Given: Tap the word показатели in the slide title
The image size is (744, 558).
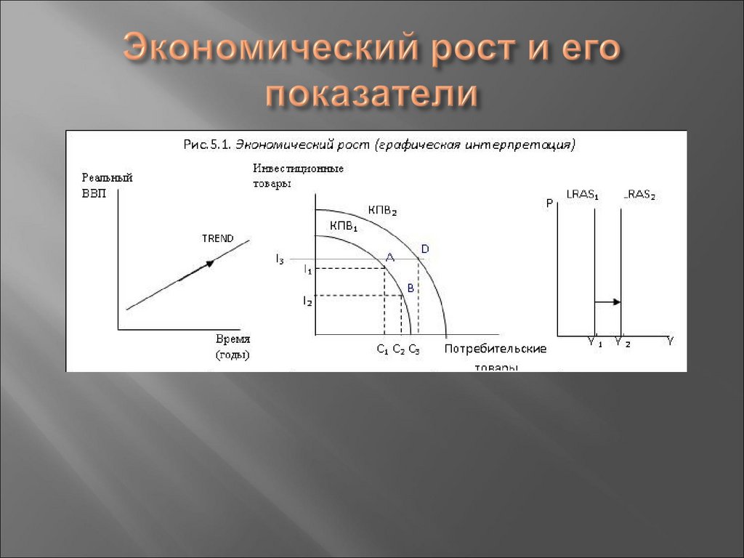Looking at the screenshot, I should (x=371, y=96).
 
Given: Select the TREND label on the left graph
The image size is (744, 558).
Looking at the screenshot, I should (x=218, y=238).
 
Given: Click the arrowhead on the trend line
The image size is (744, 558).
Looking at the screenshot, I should (x=209, y=263).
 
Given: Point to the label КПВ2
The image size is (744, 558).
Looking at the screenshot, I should (x=384, y=209).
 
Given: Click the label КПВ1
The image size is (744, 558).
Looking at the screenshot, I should (x=344, y=227).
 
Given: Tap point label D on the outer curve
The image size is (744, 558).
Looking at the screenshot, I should (x=425, y=249).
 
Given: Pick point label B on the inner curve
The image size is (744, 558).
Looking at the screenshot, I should (x=411, y=288).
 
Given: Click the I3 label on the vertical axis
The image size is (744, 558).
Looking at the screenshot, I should (x=280, y=259).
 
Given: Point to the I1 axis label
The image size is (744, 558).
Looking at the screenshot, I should (x=307, y=270).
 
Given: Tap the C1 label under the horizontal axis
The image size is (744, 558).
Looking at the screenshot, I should (x=382, y=349).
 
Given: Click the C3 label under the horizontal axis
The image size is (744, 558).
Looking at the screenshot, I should (x=414, y=349).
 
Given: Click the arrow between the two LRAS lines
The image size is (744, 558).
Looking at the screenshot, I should (x=608, y=301).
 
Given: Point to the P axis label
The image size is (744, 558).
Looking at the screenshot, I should (x=549, y=203).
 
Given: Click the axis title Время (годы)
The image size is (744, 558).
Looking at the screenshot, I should (x=233, y=347).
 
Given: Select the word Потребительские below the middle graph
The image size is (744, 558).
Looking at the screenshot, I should (x=495, y=349).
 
